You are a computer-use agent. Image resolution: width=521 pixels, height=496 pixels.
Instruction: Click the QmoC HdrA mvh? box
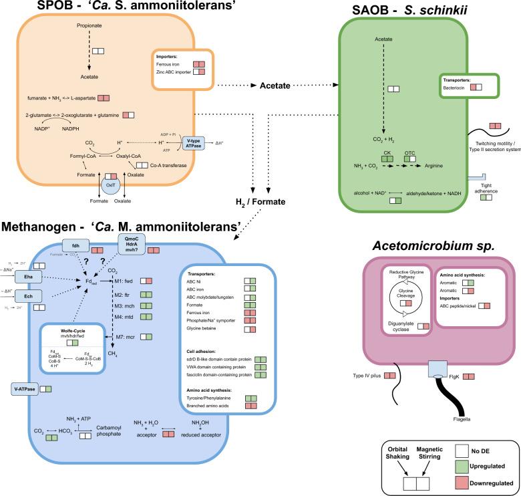pyautogui.click(x=132, y=246)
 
